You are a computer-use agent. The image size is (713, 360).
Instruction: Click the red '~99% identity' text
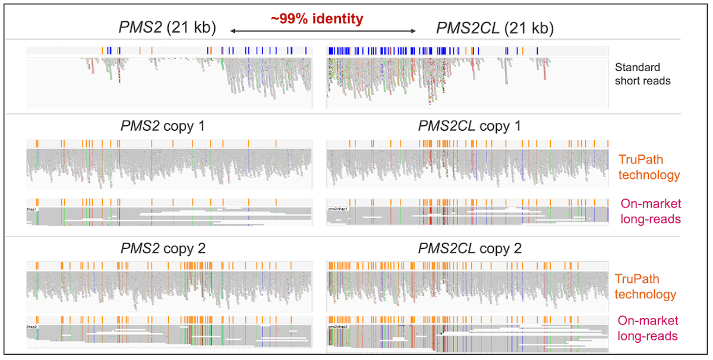point(317,19)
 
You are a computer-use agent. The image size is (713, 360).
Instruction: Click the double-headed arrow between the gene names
point(323,30)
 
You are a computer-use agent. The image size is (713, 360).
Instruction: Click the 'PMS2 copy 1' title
point(160,127)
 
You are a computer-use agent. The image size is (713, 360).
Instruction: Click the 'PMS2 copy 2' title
point(160,248)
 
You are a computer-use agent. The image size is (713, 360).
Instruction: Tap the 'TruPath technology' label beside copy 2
point(645,286)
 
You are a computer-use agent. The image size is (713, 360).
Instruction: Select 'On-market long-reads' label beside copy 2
point(648,329)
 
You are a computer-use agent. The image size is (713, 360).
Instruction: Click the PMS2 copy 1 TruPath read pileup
point(169,168)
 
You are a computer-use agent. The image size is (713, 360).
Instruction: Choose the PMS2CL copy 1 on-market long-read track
point(467,216)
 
